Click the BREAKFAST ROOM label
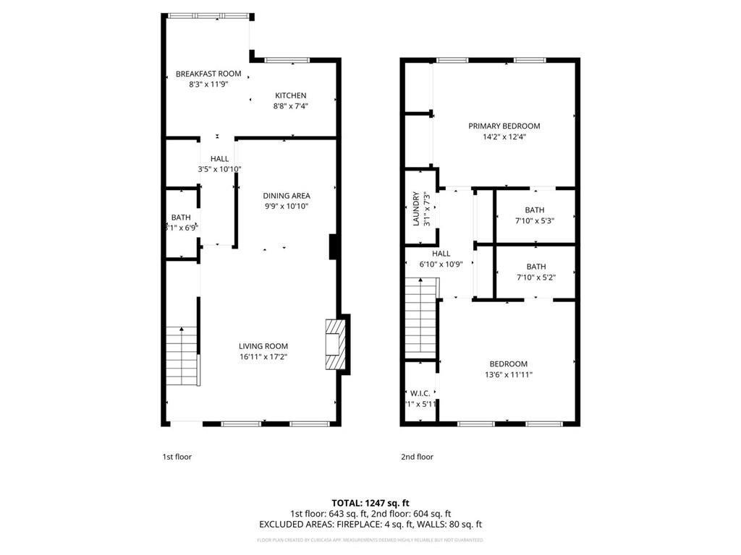point(208,74)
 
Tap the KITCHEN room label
point(290,95)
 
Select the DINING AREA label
point(287,196)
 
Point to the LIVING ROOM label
point(263,346)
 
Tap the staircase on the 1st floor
point(182,356)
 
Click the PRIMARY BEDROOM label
point(504,126)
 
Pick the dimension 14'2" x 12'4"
point(504,137)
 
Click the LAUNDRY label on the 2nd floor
point(415,208)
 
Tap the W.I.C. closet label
point(420,393)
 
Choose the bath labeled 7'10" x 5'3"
point(535,215)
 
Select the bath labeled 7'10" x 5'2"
point(535,272)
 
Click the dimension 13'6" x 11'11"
point(508,375)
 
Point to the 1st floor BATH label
point(181,218)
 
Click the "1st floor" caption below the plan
point(177,457)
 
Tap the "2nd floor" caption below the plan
point(417,457)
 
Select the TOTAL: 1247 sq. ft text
point(370,502)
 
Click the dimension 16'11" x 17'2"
point(263,357)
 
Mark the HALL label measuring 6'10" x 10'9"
point(441,254)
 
